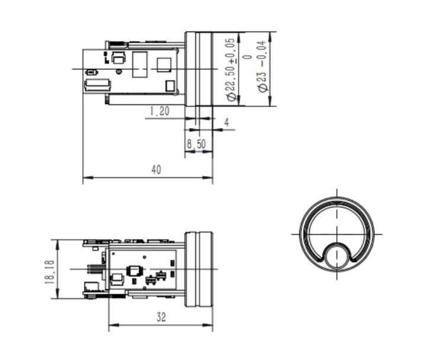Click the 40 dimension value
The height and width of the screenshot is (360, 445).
click(x=156, y=170)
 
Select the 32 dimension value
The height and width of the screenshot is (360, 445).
click(x=161, y=317)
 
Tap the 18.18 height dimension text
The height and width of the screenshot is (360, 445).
click(x=49, y=272)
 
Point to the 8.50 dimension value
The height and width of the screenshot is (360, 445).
click(x=196, y=144)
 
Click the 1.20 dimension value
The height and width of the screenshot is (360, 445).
click(x=159, y=111)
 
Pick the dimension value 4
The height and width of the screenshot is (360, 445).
click(x=226, y=122)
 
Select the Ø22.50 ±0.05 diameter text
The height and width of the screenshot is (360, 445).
click(x=231, y=69)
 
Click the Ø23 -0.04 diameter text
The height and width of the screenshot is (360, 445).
click(x=262, y=66)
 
